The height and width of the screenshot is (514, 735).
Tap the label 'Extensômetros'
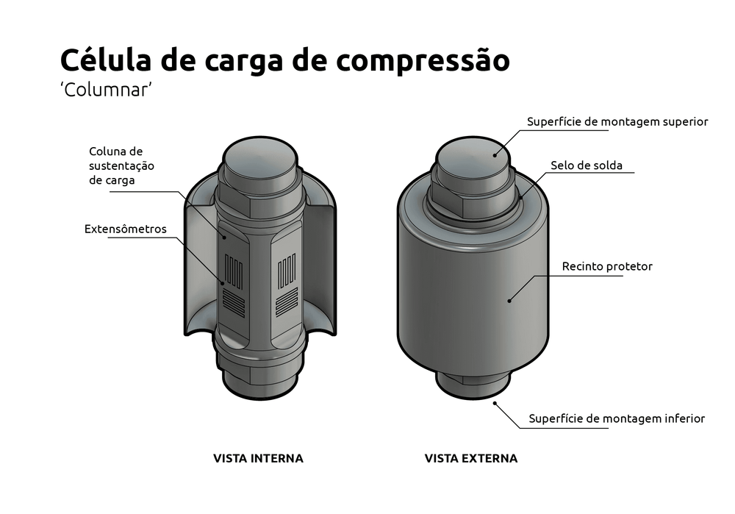[126, 229]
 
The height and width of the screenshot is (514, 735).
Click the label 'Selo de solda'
[587, 165]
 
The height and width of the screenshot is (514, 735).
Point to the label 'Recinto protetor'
[607, 266]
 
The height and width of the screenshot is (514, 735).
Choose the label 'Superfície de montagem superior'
[617, 121]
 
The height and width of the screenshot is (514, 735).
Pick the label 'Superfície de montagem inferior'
[617, 418]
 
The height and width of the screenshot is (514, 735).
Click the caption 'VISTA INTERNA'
[258, 458]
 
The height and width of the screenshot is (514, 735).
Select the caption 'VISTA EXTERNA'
[471, 458]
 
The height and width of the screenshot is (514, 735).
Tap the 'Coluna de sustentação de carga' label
[121, 165]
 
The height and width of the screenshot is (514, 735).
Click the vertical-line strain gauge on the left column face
[234, 271]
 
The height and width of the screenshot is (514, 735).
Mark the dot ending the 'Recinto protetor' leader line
[509, 300]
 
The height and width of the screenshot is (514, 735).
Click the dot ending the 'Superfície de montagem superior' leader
[496, 154]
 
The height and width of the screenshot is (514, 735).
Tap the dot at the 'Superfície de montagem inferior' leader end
[496, 402]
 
